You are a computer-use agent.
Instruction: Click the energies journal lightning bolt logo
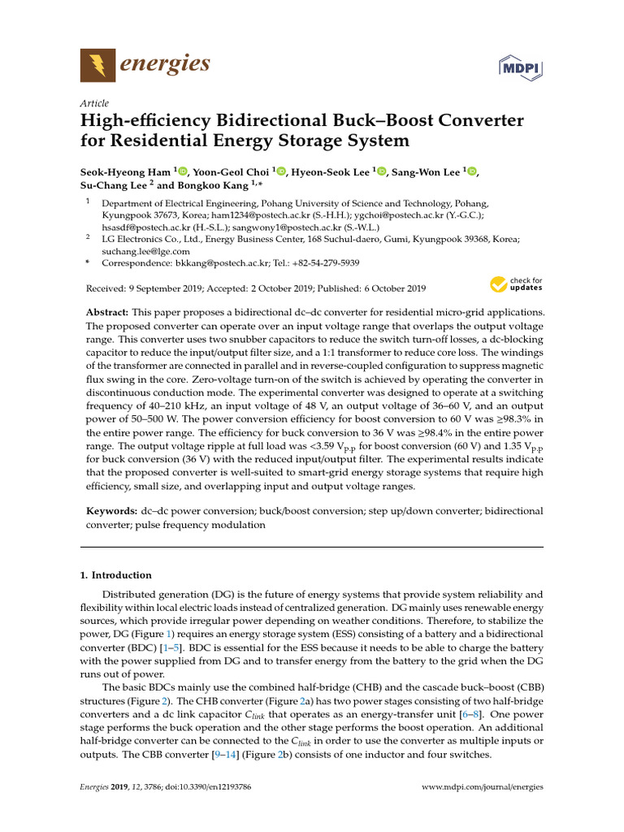(x=97, y=64)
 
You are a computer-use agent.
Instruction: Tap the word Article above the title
(x=94, y=103)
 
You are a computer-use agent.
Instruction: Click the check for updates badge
(x=515, y=284)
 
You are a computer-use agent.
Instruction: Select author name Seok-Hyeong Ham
(x=125, y=171)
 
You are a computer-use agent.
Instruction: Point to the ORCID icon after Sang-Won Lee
(x=473, y=171)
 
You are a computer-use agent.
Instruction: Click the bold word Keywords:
(x=111, y=511)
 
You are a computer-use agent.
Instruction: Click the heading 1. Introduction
(x=115, y=575)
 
